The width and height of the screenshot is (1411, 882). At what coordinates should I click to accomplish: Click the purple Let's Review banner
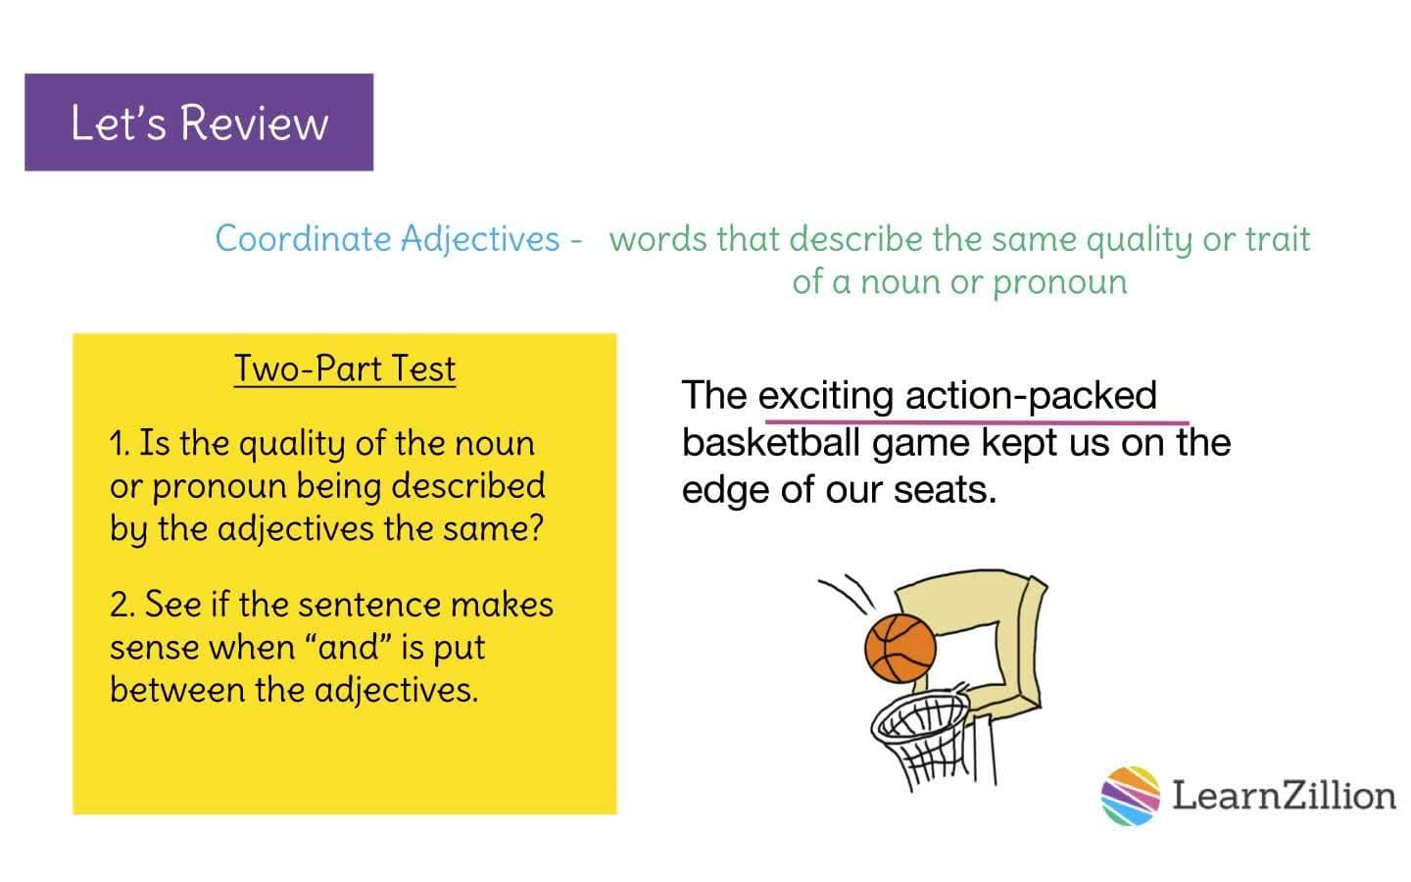tap(199, 122)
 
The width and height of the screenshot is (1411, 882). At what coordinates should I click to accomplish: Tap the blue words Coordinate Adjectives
tap(388, 238)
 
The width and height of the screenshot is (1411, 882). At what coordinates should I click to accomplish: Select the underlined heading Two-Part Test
tap(345, 368)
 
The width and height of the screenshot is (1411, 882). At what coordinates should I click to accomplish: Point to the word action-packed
tap(1031, 395)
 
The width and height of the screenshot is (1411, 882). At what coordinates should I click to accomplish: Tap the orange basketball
tap(900, 648)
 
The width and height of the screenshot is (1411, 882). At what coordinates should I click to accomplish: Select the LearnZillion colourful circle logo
tap(1130, 795)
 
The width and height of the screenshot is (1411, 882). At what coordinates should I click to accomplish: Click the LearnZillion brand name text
tap(1284, 795)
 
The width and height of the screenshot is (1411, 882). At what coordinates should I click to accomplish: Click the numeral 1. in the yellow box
tap(120, 444)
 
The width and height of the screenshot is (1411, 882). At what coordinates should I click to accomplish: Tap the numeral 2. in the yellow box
tap(122, 605)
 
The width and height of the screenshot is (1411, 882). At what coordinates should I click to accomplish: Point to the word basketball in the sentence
tap(770, 442)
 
